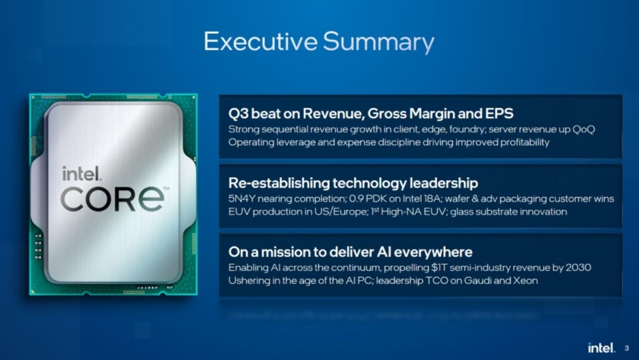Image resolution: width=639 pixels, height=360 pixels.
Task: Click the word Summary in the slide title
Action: coord(378,42)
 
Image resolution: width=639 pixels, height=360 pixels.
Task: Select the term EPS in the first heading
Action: coord(499,114)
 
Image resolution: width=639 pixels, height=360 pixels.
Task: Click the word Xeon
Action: coord(526,281)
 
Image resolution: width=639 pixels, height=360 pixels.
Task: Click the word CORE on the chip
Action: coord(113,199)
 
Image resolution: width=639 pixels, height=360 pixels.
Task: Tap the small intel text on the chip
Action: coord(79,173)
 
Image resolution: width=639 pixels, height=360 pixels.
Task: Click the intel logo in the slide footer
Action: coord(601,348)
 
